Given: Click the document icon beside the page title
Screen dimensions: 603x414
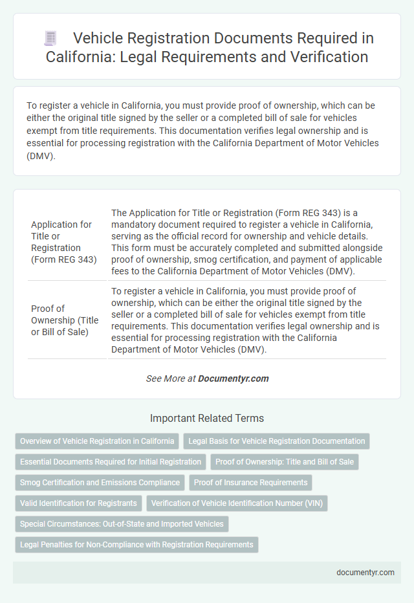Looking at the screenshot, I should [50, 38].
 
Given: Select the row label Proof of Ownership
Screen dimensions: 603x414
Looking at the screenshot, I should [65, 320].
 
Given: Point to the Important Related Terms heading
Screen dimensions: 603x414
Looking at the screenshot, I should [207, 418].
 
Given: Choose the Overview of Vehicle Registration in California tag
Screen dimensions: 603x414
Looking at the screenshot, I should [97, 441].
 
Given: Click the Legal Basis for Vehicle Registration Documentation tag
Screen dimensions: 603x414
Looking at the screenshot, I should [277, 441].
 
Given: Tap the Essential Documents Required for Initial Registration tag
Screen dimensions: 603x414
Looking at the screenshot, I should [111, 462].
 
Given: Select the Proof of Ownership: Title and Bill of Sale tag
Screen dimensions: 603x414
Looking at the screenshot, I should [285, 462].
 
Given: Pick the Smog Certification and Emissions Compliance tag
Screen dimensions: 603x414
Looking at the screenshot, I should [100, 483].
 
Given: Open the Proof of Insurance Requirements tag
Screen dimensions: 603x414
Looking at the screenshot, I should [250, 483].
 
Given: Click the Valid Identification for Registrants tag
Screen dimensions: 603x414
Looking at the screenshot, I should [79, 503].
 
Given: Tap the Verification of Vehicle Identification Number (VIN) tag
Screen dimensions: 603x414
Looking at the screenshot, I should [237, 503].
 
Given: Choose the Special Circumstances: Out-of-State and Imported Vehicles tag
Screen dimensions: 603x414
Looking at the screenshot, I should [122, 524].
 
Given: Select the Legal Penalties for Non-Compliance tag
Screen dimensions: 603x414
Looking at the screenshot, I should [136, 545].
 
